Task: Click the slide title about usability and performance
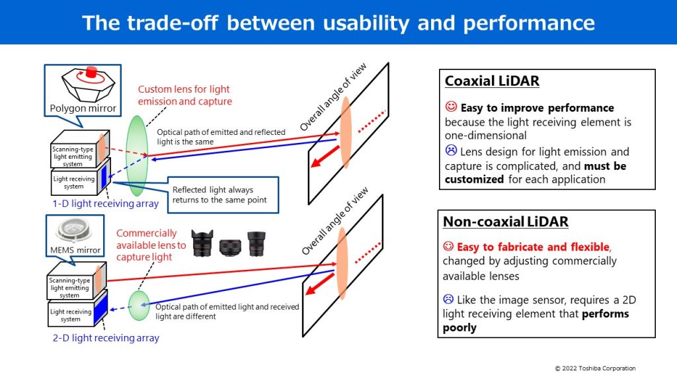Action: [338, 22]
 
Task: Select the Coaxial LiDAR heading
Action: [491, 81]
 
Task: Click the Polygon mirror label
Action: [83, 108]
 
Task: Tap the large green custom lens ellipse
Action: [136, 155]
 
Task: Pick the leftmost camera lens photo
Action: [202, 243]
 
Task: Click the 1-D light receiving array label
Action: [106, 204]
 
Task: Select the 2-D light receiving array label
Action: [106, 338]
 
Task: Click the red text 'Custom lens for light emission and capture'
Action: [184, 95]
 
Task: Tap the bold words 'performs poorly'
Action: [536, 321]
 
